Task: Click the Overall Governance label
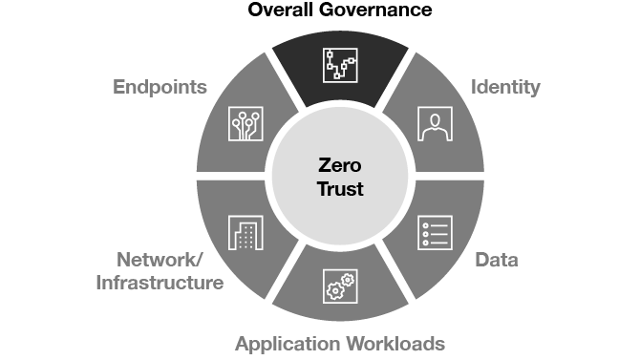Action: click(x=340, y=11)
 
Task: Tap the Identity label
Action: click(x=506, y=88)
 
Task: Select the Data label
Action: click(x=497, y=261)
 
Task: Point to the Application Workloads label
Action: click(x=340, y=344)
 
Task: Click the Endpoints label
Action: click(x=160, y=88)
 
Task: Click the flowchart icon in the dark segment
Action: click(x=340, y=64)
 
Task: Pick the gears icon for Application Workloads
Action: click(x=340, y=286)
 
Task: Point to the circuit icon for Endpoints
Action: click(x=245, y=123)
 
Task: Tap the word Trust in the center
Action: click(x=340, y=189)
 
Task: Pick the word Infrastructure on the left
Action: click(x=161, y=284)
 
